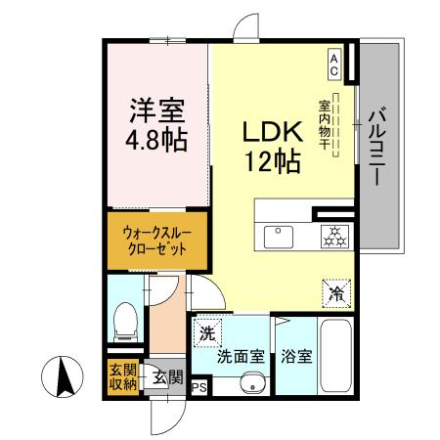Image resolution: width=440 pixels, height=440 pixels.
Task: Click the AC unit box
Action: pos(334,65)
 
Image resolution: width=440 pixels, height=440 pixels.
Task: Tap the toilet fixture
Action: pos(126,322)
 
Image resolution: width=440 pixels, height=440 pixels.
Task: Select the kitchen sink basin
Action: pos(278,237)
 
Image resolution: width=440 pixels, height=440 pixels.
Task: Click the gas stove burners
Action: pos(334,237)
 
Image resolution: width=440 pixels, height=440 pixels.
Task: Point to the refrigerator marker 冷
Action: pos(336,293)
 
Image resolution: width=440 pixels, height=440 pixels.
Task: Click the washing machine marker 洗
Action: pos(207,332)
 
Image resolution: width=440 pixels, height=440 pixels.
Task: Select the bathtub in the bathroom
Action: pos(335,356)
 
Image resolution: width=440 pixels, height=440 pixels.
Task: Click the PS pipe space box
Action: pos(199,387)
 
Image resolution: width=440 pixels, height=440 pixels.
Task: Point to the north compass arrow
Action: pos(63,376)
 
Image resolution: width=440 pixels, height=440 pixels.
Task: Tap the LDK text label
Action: pos(273,132)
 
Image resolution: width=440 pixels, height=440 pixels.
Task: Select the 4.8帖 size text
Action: pos(156,140)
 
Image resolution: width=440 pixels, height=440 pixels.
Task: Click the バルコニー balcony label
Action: pos(377,147)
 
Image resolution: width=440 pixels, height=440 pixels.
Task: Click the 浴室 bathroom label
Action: pos(297,356)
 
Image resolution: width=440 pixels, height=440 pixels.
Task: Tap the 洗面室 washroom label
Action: pos(241,356)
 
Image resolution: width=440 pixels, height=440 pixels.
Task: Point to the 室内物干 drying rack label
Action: pos(325,125)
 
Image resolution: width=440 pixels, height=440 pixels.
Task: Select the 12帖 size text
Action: pos(273,161)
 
